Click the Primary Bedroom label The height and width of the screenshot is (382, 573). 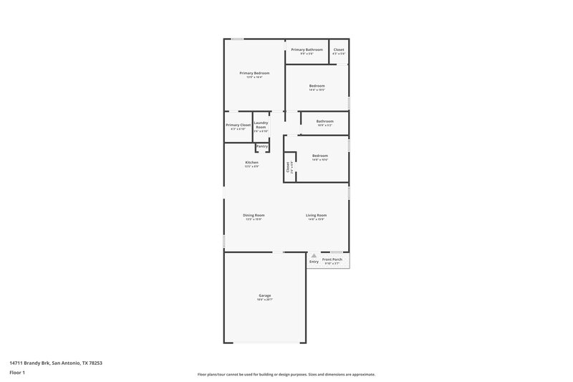[x=254, y=73]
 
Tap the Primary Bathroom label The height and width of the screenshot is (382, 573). [x=307, y=49]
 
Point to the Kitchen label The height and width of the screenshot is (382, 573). [x=251, y=162]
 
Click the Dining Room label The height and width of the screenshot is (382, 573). [x=254, y=215]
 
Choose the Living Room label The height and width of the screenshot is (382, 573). [x=316, y=215]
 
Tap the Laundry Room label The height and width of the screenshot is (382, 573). [x=260, y=125]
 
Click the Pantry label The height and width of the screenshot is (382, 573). [x=262, y=146]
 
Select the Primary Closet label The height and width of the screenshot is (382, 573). [x=238, y=125]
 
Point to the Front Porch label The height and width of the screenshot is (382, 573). [x=332, y=259]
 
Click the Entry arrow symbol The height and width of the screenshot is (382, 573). [x=313, y=254]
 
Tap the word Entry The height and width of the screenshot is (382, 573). [x=314, y=262]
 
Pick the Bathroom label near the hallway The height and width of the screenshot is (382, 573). [x=324, y=121]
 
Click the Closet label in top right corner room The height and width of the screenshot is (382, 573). [x=339, y=49]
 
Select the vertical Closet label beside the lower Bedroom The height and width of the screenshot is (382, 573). [x=288, y=168]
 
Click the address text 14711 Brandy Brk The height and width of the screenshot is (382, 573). [x=56, y=363]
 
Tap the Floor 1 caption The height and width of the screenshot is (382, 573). [x=17, y=373]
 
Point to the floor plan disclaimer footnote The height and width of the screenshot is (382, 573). [x=286, y=374]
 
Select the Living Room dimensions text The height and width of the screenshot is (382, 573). [x=316, y=219]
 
